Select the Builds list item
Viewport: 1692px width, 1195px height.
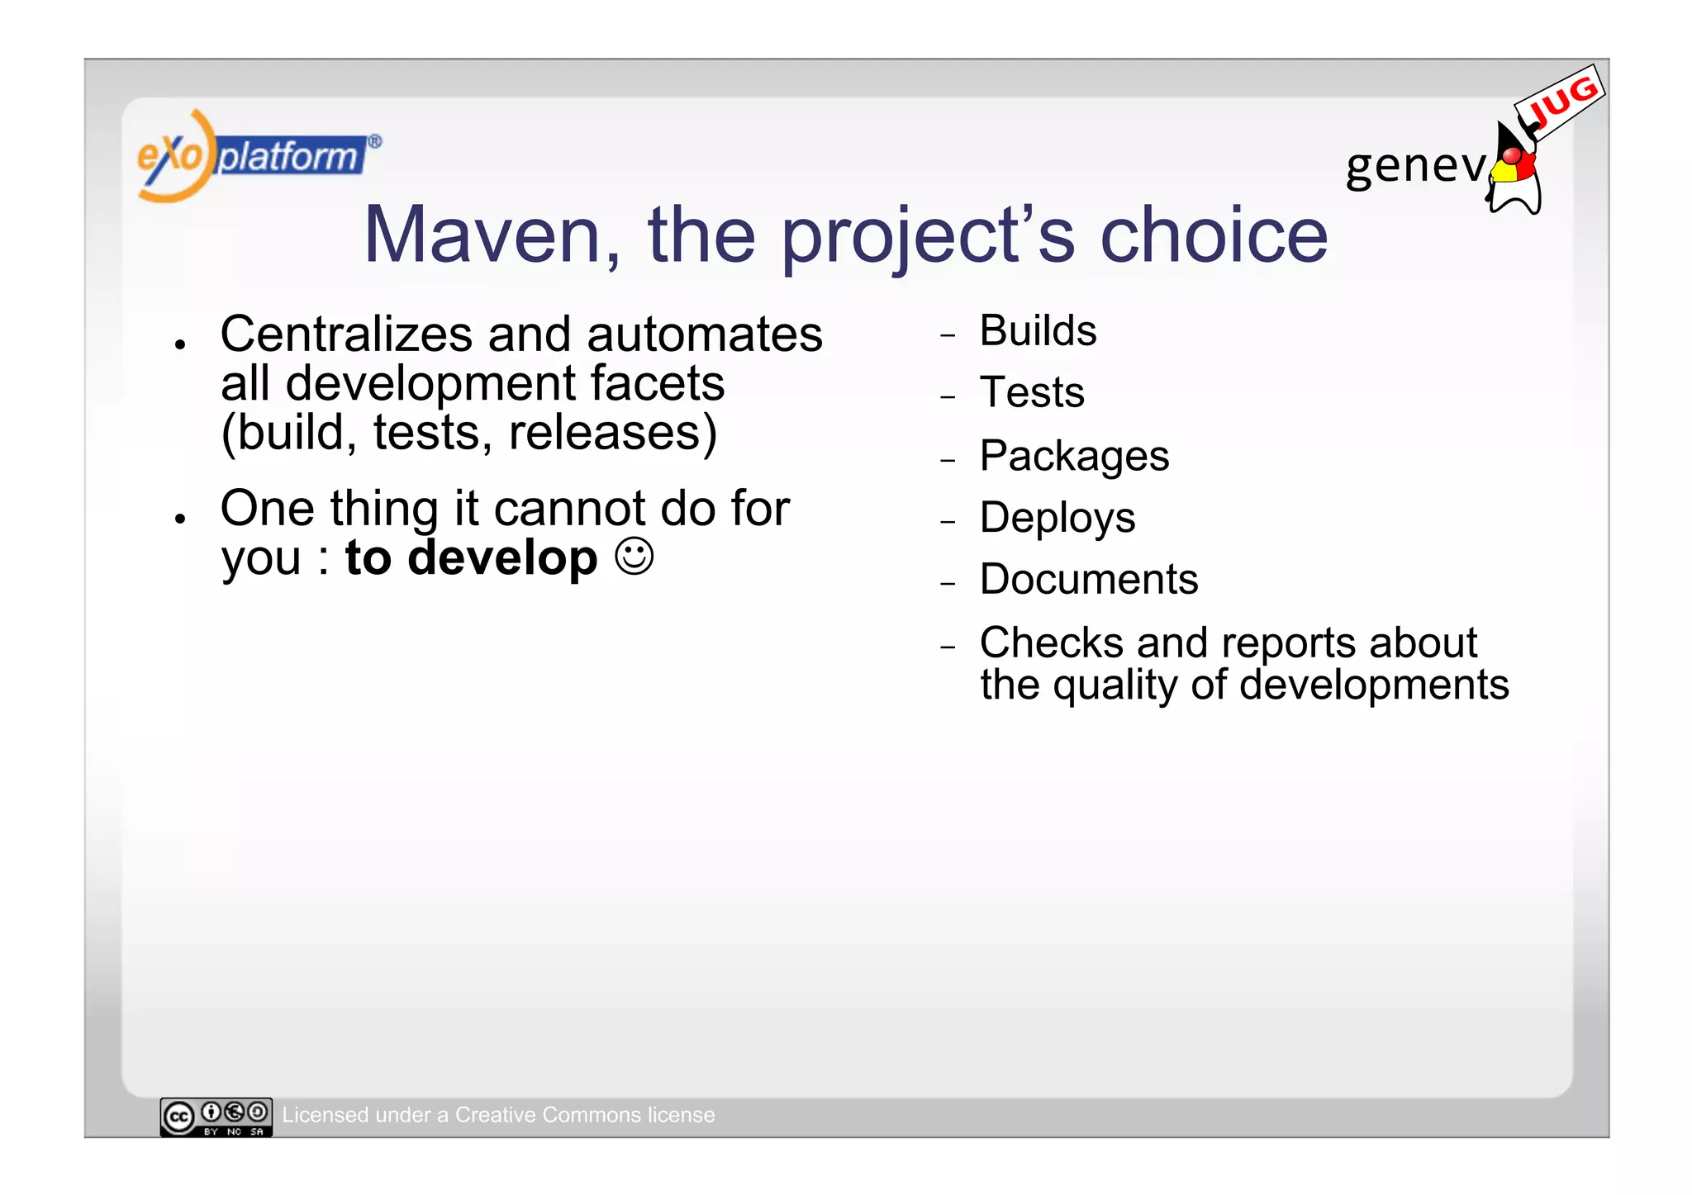pyautogui.click(x=1038, y=331)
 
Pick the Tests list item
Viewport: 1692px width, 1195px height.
pyautogui.click(x=1032, y=392)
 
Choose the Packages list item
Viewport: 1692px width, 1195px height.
pyautogui.click(x=1074, y=456)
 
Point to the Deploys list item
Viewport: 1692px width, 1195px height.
pyautogui.click(x=1057, y=518)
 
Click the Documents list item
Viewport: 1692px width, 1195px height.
pyautogui.click(x=1089, y=579)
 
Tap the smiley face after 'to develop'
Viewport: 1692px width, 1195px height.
pyautogui.click(x=634, y=557)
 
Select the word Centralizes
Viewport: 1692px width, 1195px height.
pyautogui.click(x=347, y=334)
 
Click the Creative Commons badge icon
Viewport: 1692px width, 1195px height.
pyautogui.click(x=216, y=1117)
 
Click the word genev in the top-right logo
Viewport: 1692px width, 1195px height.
pyautogui.click(x=1415, y=166)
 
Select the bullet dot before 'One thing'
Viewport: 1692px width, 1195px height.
pyautogui.click(x=179, y=519)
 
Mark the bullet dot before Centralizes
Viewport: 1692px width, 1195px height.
pyautogui.click(x=179, y=344)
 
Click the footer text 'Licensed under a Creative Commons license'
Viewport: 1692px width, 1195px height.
pyautogui.click(x=498, y=1115)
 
